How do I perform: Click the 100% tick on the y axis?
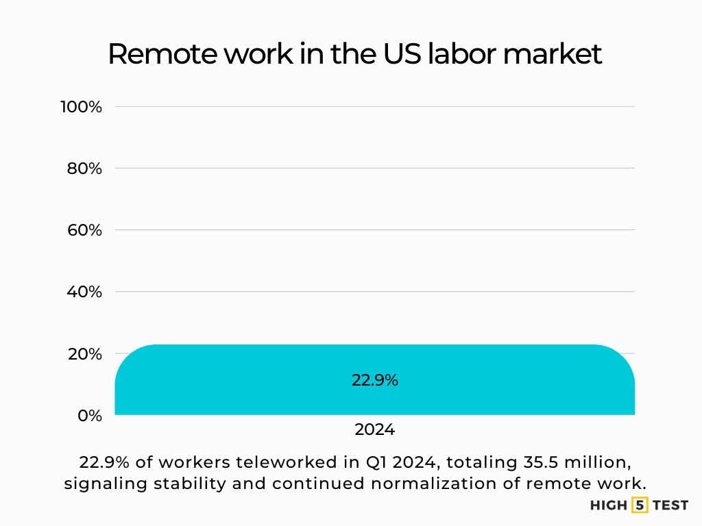coord(81,107)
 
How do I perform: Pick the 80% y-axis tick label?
coord(84,168)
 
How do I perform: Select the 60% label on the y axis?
coord(84,230)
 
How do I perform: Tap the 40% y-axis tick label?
coord(84,292)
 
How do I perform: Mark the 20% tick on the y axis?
coord(84,354)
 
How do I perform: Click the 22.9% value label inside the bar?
coord(374,381)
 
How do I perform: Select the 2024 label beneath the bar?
coord(374,430)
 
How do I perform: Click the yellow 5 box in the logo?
coord(640,506)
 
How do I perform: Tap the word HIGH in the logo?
coord(609,506)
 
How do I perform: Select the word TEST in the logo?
coord(670,506)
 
